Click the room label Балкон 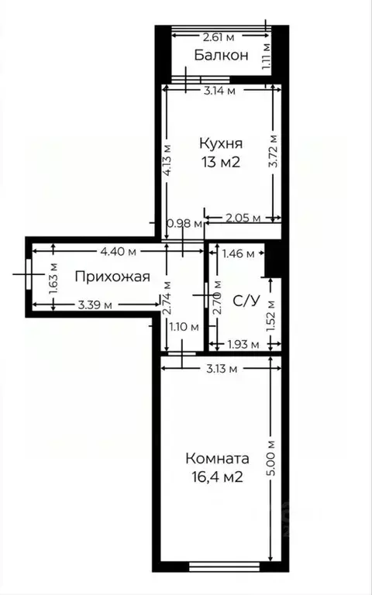pos(222,55)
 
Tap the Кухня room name pos(222,143)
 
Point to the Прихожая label pos(112,276)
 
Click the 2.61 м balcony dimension pos(219,36)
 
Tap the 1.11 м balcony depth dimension pos(266,55)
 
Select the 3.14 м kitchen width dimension pos(219,90)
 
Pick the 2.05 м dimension pos(243,219)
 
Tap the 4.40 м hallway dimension pos(118,251)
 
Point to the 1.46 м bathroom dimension pos(239,253)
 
